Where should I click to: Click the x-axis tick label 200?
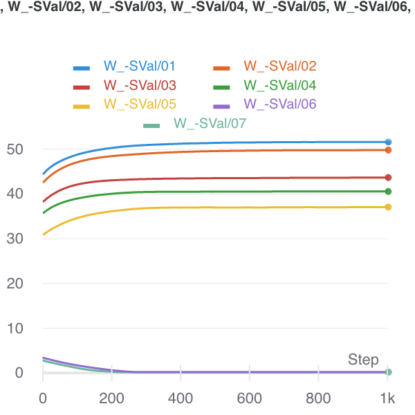click(x=111, y=399)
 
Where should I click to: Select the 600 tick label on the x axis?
click(x=249, y=399)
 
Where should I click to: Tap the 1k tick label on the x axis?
click(x=387, y=399)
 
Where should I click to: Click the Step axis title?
click(x=363, y=360)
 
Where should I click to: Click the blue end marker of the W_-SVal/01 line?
click(x=388, y=142)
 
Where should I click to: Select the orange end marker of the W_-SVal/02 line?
click(x=388, y=150)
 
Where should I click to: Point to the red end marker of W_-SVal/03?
click(x=388, y=178)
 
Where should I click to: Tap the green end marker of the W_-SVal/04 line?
click(x=388, y=192)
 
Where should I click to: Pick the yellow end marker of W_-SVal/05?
click(x=388, y=207)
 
